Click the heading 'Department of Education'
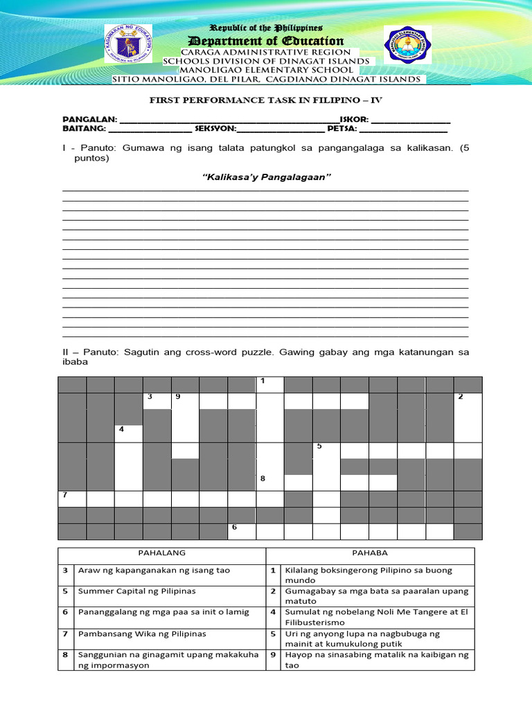click(x=266, y=41)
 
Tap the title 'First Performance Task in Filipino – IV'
click(x=266, y=100)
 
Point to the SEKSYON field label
click(x=215, y=129)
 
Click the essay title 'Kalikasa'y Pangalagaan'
click(x=266, y=178)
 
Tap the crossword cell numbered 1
click(x=269, y=385)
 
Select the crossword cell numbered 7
click(x=72, y=499)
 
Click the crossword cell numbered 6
click(x=241, y=531)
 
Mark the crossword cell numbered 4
click(x=128, y=433)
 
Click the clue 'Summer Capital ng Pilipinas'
click(x=137, y=591)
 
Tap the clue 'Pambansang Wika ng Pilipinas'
click(x=142, y=634)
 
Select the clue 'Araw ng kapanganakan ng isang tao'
click(x=154, y=571)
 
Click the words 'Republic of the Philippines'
click(x=266, y=28)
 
